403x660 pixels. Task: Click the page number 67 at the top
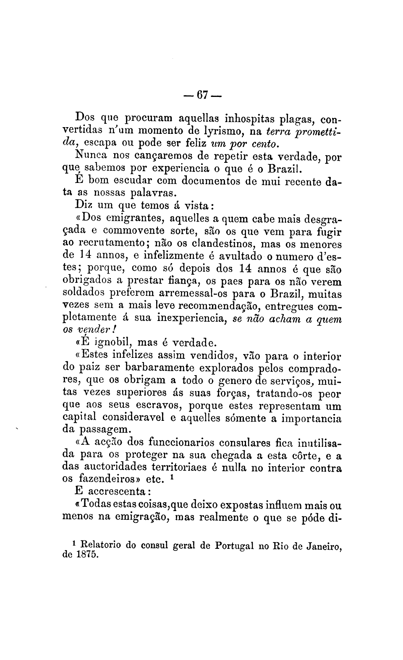click(202, 96)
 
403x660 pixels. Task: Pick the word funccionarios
click(180, 443)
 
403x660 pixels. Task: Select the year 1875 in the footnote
click(88, 555)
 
